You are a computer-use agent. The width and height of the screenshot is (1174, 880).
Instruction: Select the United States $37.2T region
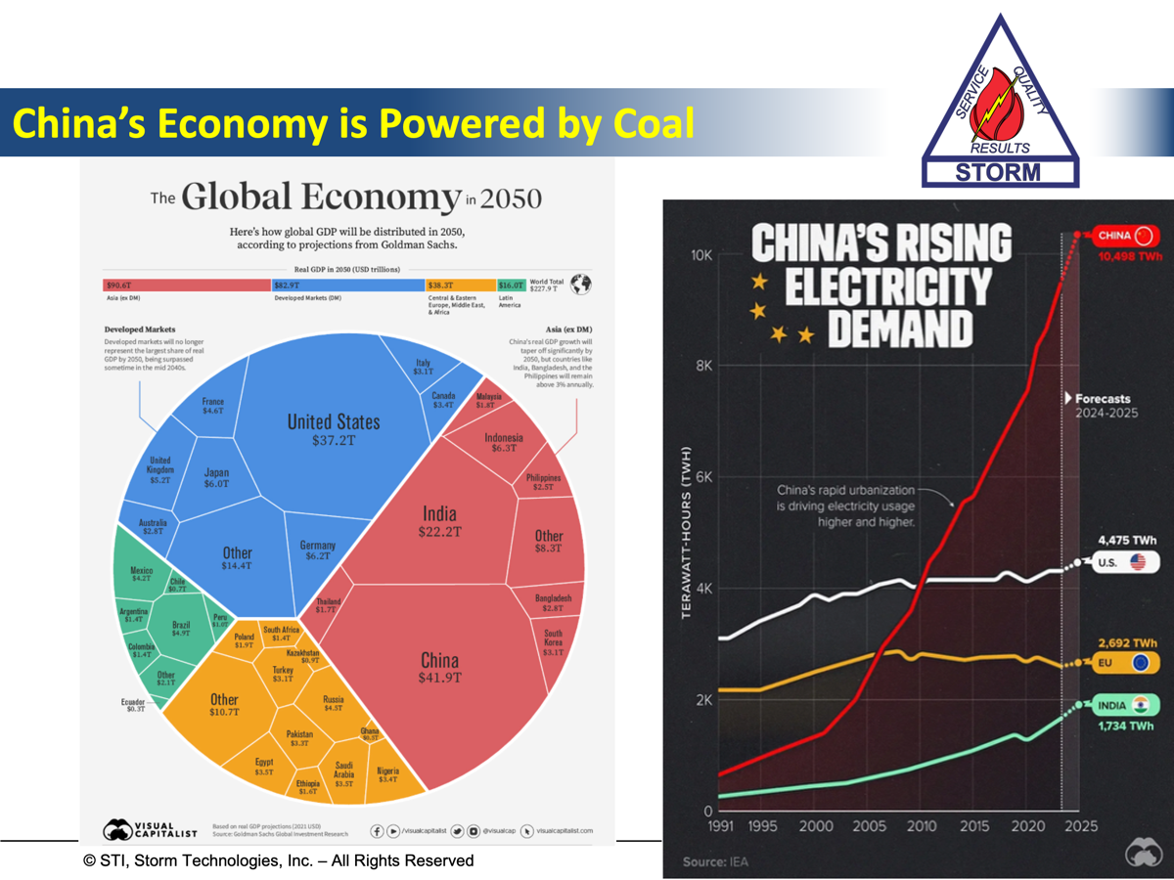[334, 430]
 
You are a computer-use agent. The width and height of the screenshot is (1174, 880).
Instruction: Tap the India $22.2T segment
[439, 521]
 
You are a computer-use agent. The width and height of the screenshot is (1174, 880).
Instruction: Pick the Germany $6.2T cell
[318, 550]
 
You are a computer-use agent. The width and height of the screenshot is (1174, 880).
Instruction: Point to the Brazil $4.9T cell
[181, 627]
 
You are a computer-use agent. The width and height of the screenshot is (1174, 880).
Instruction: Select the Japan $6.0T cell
[216, 477]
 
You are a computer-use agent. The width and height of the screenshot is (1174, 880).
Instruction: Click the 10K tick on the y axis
[700, 254]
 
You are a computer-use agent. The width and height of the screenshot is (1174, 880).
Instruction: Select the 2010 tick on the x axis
[922, 826]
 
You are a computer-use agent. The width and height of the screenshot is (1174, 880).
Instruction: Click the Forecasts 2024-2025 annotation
[1102, 405]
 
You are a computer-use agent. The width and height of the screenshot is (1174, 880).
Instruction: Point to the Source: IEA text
[706, 861]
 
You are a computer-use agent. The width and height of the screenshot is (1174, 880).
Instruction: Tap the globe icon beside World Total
[581, 285]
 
